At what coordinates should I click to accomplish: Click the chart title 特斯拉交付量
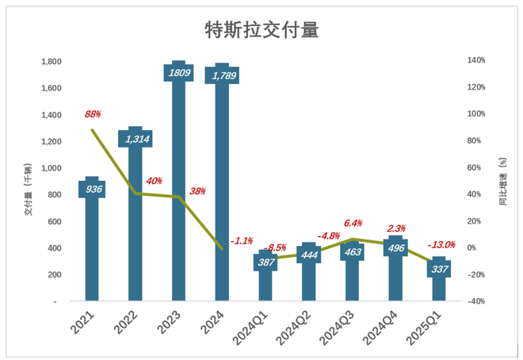(261, 30)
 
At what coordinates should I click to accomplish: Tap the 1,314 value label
(136, 138)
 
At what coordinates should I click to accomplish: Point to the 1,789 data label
(223, 75)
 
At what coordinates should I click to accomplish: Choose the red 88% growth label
(94, 114)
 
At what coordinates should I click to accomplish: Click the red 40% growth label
(154, 181)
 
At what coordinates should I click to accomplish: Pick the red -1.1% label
(242, 240)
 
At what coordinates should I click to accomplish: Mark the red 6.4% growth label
(353, 223)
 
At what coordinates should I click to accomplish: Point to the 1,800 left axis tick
(52, 61)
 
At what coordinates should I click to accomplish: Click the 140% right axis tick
(475, 61)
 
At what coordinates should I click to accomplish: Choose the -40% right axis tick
(475, 302)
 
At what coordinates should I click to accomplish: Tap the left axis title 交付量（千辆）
(29, 190)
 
